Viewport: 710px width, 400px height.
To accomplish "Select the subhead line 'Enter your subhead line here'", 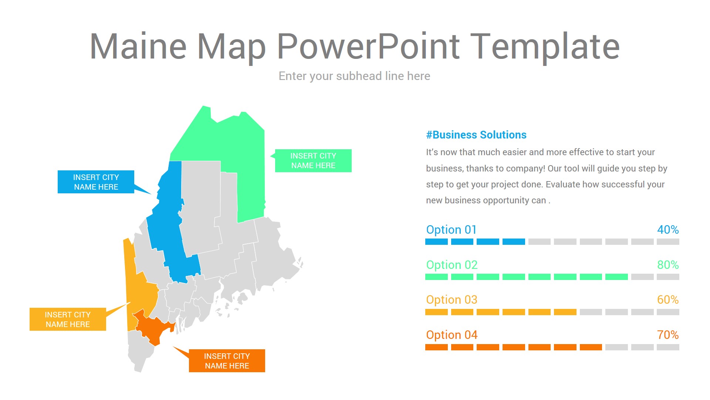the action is [x=354, y=76].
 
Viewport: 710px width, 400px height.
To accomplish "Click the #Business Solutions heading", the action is [x=476, y=135].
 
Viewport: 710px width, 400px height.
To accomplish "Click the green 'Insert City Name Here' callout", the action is [x=313, y=161].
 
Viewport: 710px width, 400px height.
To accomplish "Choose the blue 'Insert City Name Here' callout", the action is [x=96, y=182].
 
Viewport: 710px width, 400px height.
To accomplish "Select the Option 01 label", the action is [x=452, y=230].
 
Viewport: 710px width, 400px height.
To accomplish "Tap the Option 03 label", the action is [x=452, y=300].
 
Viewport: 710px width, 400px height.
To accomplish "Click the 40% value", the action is [x=668, y=230].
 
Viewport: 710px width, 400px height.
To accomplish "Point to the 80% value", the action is [x=668, y=265].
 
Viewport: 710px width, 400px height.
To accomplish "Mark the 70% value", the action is [x=668, y=335].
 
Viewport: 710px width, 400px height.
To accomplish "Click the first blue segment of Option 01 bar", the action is [x=436, y=242].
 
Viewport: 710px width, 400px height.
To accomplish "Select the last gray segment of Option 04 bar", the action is [x=668, y=347].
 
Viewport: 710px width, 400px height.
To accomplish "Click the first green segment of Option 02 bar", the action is [x=436, y=277].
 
